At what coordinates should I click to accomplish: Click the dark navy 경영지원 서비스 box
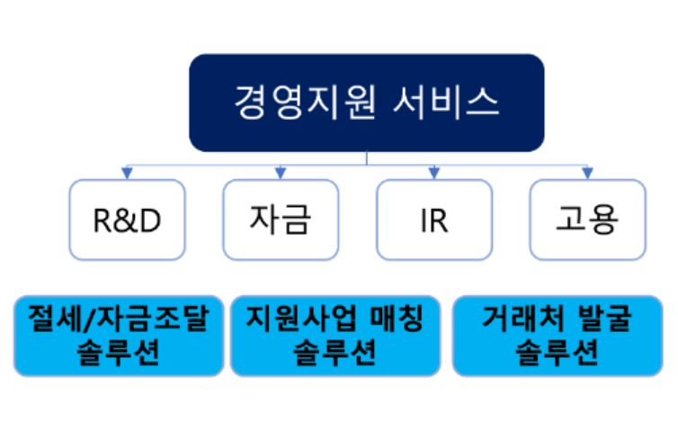366,102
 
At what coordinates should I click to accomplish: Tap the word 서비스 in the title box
447,102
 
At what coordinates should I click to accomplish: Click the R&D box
127,220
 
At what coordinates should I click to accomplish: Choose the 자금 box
281,220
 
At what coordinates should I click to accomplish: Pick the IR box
433,220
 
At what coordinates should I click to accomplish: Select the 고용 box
587,220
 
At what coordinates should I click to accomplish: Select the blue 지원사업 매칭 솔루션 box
334,336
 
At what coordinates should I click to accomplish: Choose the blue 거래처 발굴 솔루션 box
557,336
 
